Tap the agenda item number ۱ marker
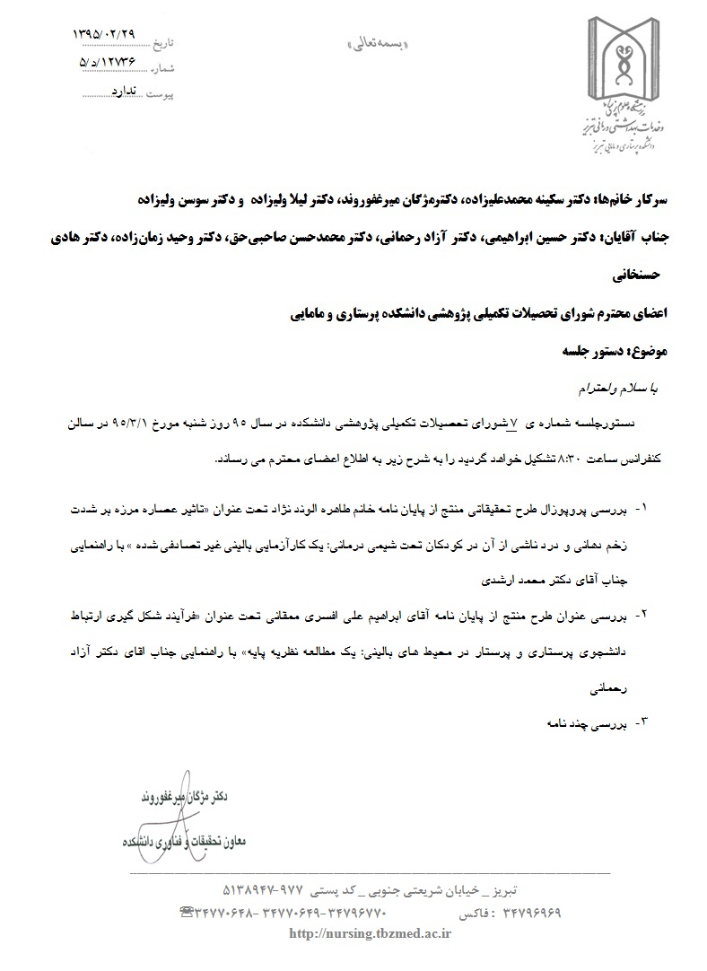pyautogui.click(x=642, y=509)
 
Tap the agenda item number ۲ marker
pyautogui.click(x=642, y=617)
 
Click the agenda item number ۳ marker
pyautogui.click(x=642, y=722)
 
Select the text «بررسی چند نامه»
pyautogui.click(x=584, y=722)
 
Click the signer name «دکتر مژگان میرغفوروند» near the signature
pyautogui.click(x=185, y=797)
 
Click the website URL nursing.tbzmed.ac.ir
pyautogui.click(x=369, y=933)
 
